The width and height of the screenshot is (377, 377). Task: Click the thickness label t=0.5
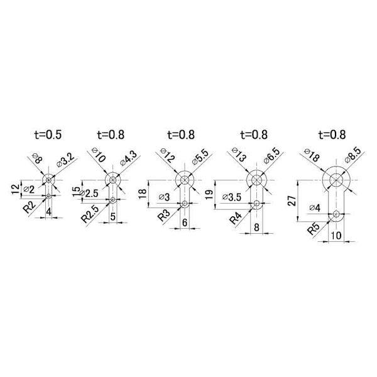point(48,134)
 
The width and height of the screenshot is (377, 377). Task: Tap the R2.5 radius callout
point(90,214)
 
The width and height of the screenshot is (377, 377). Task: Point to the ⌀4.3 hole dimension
point(128,158)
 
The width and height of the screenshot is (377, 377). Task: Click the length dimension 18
point(143,194)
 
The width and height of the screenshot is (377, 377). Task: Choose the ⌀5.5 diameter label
point(200,157)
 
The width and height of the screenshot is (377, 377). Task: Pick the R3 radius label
point(164,215)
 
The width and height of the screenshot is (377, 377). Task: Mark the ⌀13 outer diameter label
point(239,155)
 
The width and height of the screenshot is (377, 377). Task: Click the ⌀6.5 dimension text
point(271,156)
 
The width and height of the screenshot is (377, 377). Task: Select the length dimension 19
point(209,194)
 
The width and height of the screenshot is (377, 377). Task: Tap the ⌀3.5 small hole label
point(232,197)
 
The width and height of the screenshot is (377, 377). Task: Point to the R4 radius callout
point(236,218)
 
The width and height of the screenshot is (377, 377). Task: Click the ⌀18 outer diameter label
point(312,155)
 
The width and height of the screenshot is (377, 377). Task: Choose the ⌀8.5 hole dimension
point(353,155)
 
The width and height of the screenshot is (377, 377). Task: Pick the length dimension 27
point(293,201)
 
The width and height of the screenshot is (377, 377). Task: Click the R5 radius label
point(314,229)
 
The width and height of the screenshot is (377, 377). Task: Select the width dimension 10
point(336,236)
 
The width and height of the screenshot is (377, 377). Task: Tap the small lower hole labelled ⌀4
point(336,214)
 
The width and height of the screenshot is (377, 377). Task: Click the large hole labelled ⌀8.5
point(336,180)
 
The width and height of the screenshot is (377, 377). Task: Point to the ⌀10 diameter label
point(99,156)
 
